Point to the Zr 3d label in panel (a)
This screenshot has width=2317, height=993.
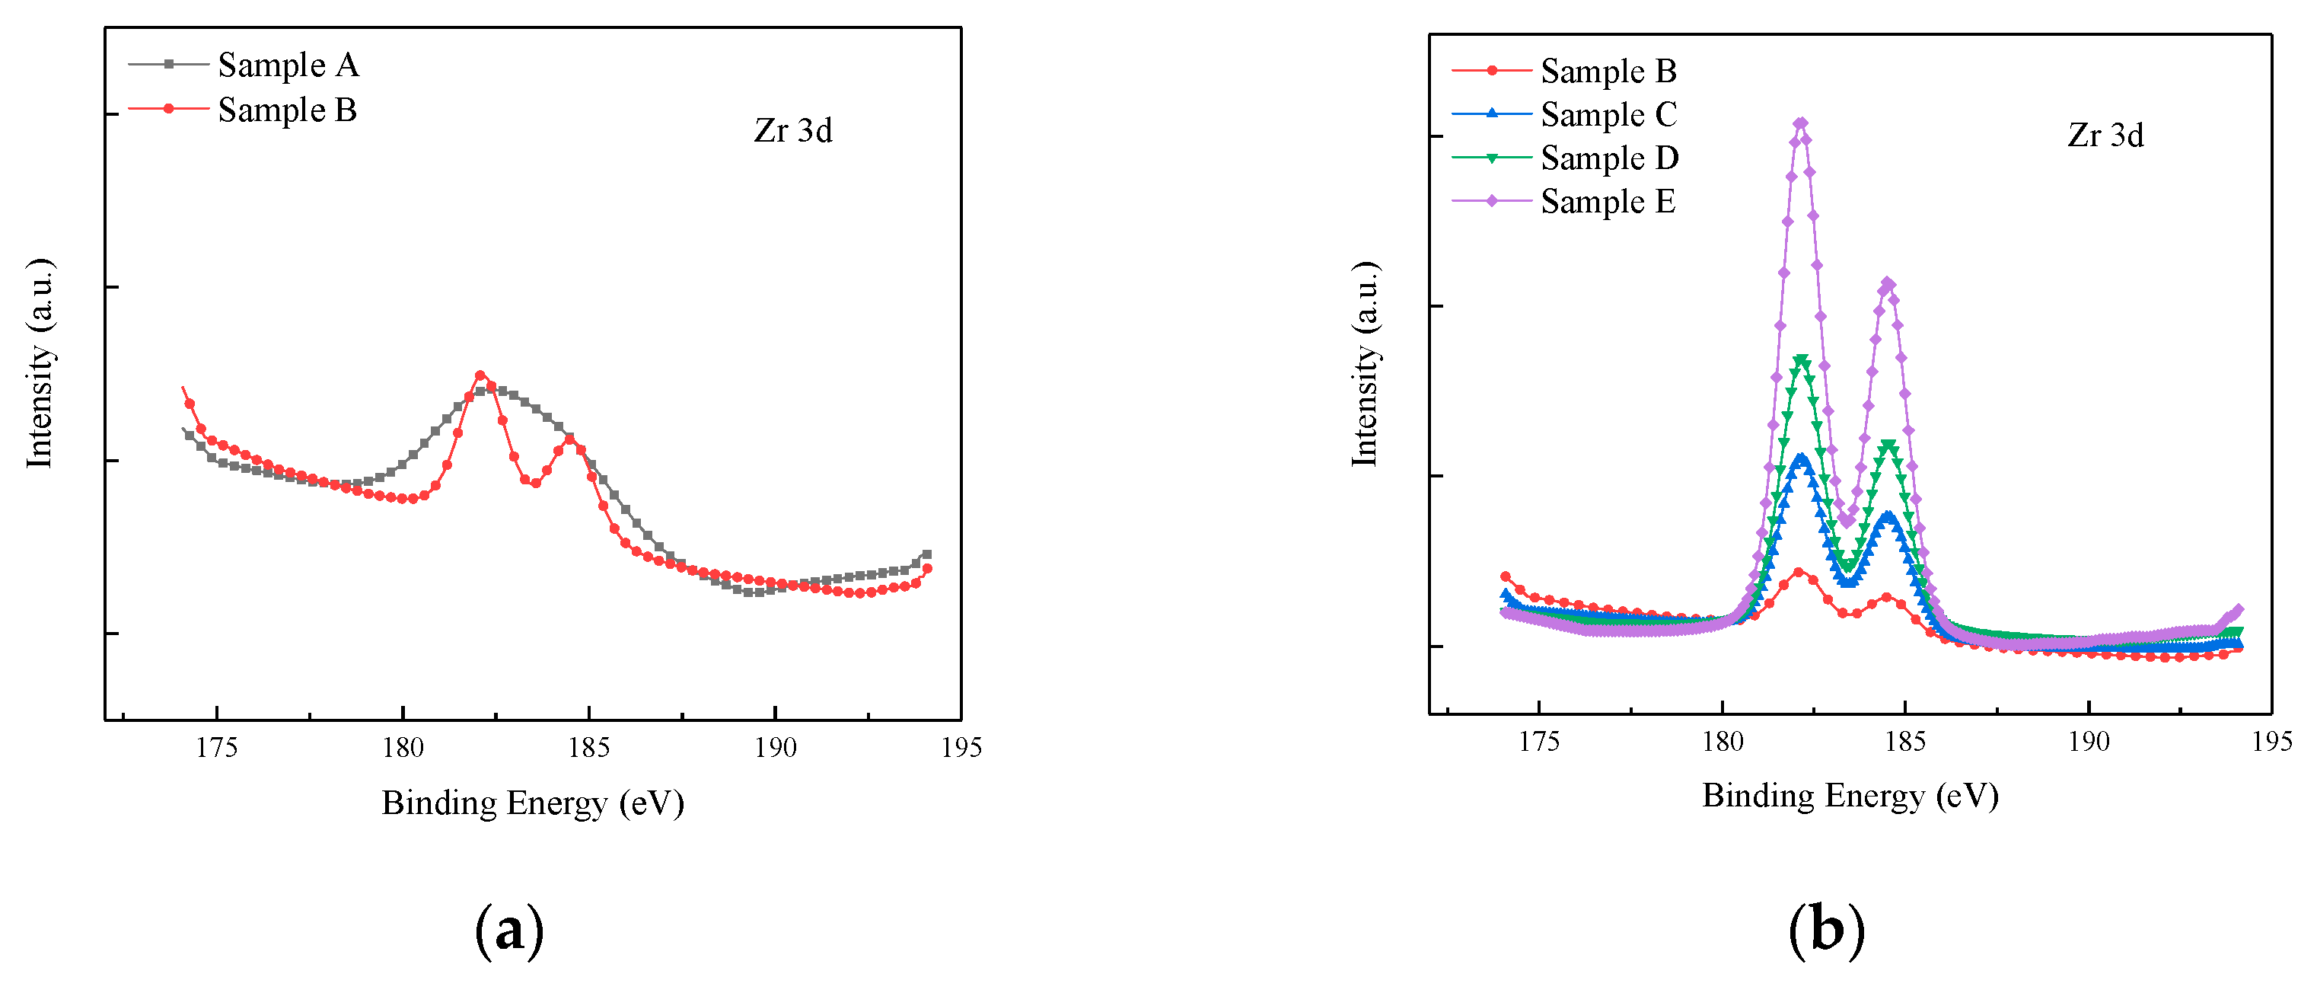[792, 131]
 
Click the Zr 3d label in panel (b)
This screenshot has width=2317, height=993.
[2105, 136]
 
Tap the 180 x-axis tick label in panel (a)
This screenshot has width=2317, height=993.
[402, 748]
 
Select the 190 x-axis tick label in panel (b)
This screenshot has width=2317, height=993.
[2088, 741]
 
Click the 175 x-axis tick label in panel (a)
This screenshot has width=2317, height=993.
[216, 748]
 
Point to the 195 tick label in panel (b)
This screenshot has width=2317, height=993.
[2271, 741]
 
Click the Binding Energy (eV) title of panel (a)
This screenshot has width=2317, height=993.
[533, 803]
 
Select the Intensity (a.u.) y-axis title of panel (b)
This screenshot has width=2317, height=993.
[1365, 364]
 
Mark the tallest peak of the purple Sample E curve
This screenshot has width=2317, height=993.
[1800, 123]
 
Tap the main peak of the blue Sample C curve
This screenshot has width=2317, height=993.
[1801, 457]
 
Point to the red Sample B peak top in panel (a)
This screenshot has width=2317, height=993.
[480, 375]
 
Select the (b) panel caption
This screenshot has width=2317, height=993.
[1826, 929]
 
